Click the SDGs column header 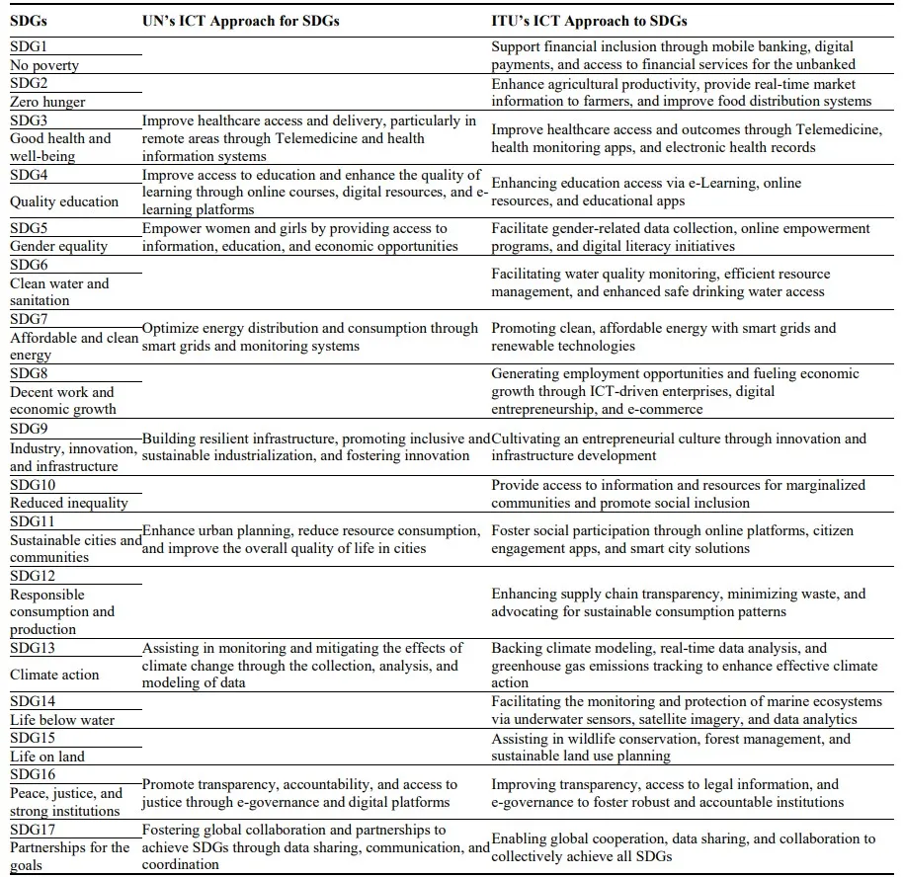pos(31,21)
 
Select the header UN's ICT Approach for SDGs pos(240,21)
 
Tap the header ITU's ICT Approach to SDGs pos(589,21)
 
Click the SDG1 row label pos(29,46)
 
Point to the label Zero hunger pos(47,102)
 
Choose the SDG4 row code pos(29,175)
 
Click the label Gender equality pos(58,246)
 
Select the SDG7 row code pos(29,319)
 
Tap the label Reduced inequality pos(69,503)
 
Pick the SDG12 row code pos(33,575)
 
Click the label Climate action pos(54,675)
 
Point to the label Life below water pos(62,720)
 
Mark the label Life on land pos(47,757)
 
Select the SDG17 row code pos(33,830)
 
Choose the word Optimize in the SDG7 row pos(172,328)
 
